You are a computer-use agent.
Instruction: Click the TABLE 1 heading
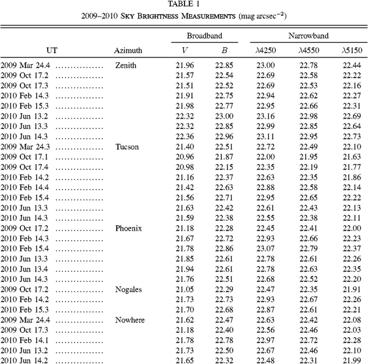pos(184,5)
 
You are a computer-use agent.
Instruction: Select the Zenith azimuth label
pos(125,65)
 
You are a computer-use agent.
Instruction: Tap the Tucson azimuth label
pos(127,147)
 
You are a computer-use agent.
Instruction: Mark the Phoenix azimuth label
pos(128,228)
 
